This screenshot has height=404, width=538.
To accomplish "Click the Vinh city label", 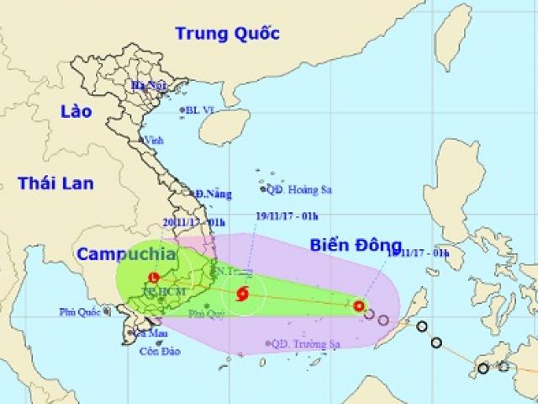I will (x=154, y=141).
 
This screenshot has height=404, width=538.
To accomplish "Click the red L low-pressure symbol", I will (x=153, y=278).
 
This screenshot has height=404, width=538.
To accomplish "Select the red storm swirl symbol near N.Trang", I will (x=243, y=295).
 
